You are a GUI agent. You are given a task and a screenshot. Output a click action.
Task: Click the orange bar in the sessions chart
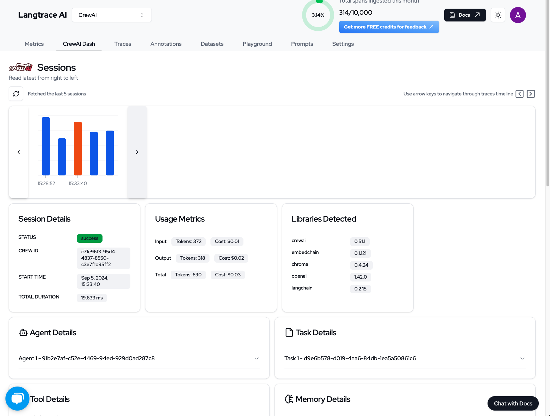[78, 148]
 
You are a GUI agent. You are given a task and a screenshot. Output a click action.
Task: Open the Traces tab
[123, 44]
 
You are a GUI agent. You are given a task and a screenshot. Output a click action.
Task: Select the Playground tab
[257, 44]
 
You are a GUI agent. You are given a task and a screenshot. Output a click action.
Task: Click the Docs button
[465, 15]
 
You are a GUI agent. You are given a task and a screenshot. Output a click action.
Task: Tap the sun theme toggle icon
[498, 15]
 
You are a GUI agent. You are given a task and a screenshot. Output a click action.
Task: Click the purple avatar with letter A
[518, 15]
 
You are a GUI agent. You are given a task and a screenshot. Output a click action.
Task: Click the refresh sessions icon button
[16, 94]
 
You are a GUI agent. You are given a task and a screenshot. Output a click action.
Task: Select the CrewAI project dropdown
[111, 15]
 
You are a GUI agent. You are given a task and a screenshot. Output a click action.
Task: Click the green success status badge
[90, 238]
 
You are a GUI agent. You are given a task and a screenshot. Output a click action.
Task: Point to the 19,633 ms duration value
[92, 298]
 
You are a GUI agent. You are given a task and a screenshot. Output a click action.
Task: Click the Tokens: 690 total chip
[188, 275]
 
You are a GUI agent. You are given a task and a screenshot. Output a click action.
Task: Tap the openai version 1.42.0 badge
[360, 277]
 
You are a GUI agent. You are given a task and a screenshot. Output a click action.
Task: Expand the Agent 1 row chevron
[257, 358]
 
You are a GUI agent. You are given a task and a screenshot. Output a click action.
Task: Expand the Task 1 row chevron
[522, 358]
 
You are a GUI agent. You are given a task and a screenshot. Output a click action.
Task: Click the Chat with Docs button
[513, 404]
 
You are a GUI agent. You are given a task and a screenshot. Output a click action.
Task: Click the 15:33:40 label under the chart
[78, 184]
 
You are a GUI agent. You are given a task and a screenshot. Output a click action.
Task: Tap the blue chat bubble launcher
[17, 398]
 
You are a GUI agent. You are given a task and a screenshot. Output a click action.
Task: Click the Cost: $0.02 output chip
[231, 258]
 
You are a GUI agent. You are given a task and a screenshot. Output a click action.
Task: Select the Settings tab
[343, 44]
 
